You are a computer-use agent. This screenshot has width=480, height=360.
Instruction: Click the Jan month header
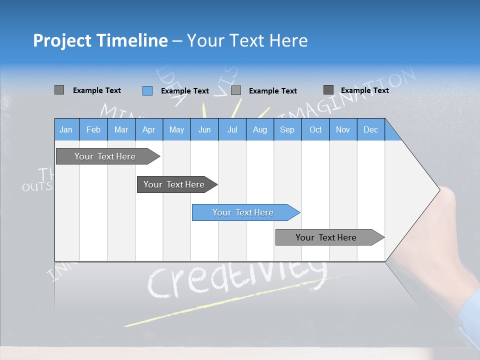[66, 129]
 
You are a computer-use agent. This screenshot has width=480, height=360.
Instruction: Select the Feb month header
[93, 129]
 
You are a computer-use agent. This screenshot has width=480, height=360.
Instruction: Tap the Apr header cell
[148, 129]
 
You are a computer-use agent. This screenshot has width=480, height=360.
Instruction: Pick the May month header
[176, 129]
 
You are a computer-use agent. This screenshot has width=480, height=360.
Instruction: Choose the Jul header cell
[232, 129]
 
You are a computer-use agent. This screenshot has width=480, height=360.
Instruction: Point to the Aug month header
[259, 129]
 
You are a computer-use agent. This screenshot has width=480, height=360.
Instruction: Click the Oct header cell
[315, 129]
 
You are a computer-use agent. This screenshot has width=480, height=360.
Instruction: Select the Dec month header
[370, 129]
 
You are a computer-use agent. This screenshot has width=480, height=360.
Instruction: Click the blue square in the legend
[147, 90]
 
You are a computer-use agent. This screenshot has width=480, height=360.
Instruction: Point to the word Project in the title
[62, 40]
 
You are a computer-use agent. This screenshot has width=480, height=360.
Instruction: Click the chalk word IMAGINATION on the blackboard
[350, 92]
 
